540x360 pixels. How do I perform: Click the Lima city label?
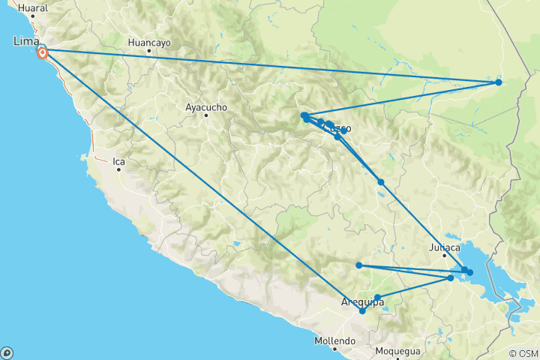coord(25,41)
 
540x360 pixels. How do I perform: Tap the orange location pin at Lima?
coord(43,52)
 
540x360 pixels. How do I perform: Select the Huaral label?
coord(32,8)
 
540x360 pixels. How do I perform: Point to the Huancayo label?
coord(149,43)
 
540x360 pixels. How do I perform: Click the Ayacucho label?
coord(205,107)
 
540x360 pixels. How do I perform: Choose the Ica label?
coord(118,160)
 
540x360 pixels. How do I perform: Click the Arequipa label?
coord(363,301)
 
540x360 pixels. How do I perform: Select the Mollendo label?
coord(334,341)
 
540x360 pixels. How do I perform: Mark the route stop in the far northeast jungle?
coord(499,82)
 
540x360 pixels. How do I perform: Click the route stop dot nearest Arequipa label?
coord(363,310)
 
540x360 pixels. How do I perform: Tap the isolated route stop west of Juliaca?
coord(359,265)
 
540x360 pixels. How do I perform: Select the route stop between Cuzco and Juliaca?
coord(381,182)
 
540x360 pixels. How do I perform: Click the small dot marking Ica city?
coord(118,169)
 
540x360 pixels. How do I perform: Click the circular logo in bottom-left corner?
coord(7,352)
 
